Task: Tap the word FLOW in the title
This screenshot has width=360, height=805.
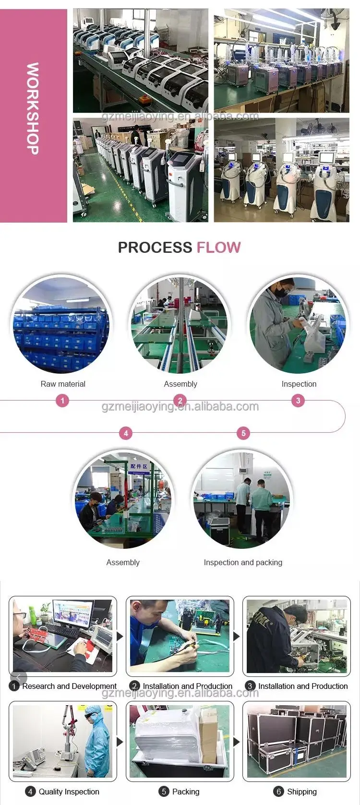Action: tap(218, 248)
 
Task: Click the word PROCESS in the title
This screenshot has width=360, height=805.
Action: tap(155, 248)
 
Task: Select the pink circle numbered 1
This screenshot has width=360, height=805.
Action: tap(62, 401)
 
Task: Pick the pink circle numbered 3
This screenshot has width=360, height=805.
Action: tap(298, 401)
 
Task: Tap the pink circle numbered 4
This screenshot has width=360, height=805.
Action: tap(126, 433)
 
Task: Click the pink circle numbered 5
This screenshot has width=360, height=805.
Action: tap(243, 433)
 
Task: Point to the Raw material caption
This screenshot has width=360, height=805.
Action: tap(63, 384)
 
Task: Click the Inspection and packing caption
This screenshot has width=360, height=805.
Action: tap(243, 562)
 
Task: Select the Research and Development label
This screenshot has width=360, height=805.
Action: tap(69, 686)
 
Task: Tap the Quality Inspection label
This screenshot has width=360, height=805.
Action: tap(69, 792)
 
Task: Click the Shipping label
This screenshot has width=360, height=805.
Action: tap(301, 792)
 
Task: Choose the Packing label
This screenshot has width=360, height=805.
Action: tap(185, 792)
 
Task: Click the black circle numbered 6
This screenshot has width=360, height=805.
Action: tap(278, 792)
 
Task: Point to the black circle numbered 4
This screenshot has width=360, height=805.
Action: tap(30, 792)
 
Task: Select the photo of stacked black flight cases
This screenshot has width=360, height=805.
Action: tap(296, 741)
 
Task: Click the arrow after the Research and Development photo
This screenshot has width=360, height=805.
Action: tap(120, 637)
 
